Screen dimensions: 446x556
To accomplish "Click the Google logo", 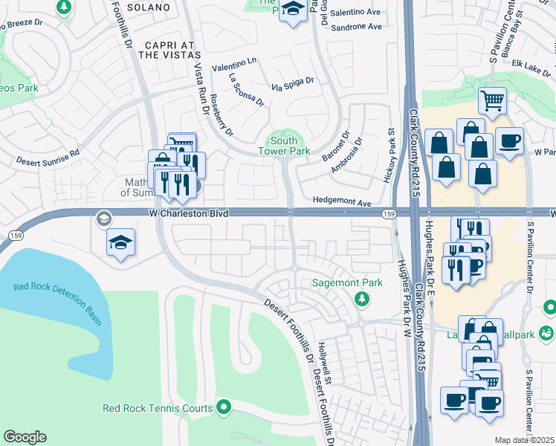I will pos(25,437).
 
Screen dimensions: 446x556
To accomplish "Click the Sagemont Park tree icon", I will pos(361,299).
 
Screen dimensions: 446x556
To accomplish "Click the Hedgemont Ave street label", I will pos(342,202).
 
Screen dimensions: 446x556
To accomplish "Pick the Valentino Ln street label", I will pos(234,66).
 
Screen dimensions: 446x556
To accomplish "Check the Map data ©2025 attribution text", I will pos(525,440).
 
